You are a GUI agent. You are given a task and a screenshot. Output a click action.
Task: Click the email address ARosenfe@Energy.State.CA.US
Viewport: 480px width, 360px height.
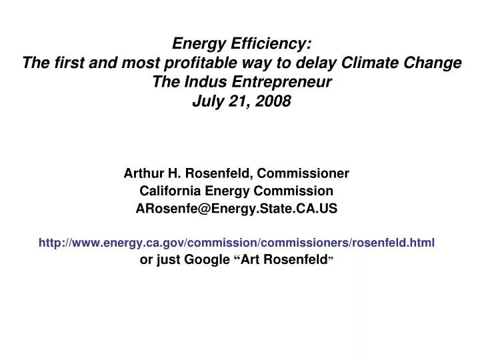pos(237,209)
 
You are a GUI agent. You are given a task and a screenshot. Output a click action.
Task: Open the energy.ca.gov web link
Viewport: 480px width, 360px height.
pos(237,243)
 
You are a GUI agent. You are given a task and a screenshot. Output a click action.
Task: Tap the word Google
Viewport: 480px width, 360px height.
pos(207,260)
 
